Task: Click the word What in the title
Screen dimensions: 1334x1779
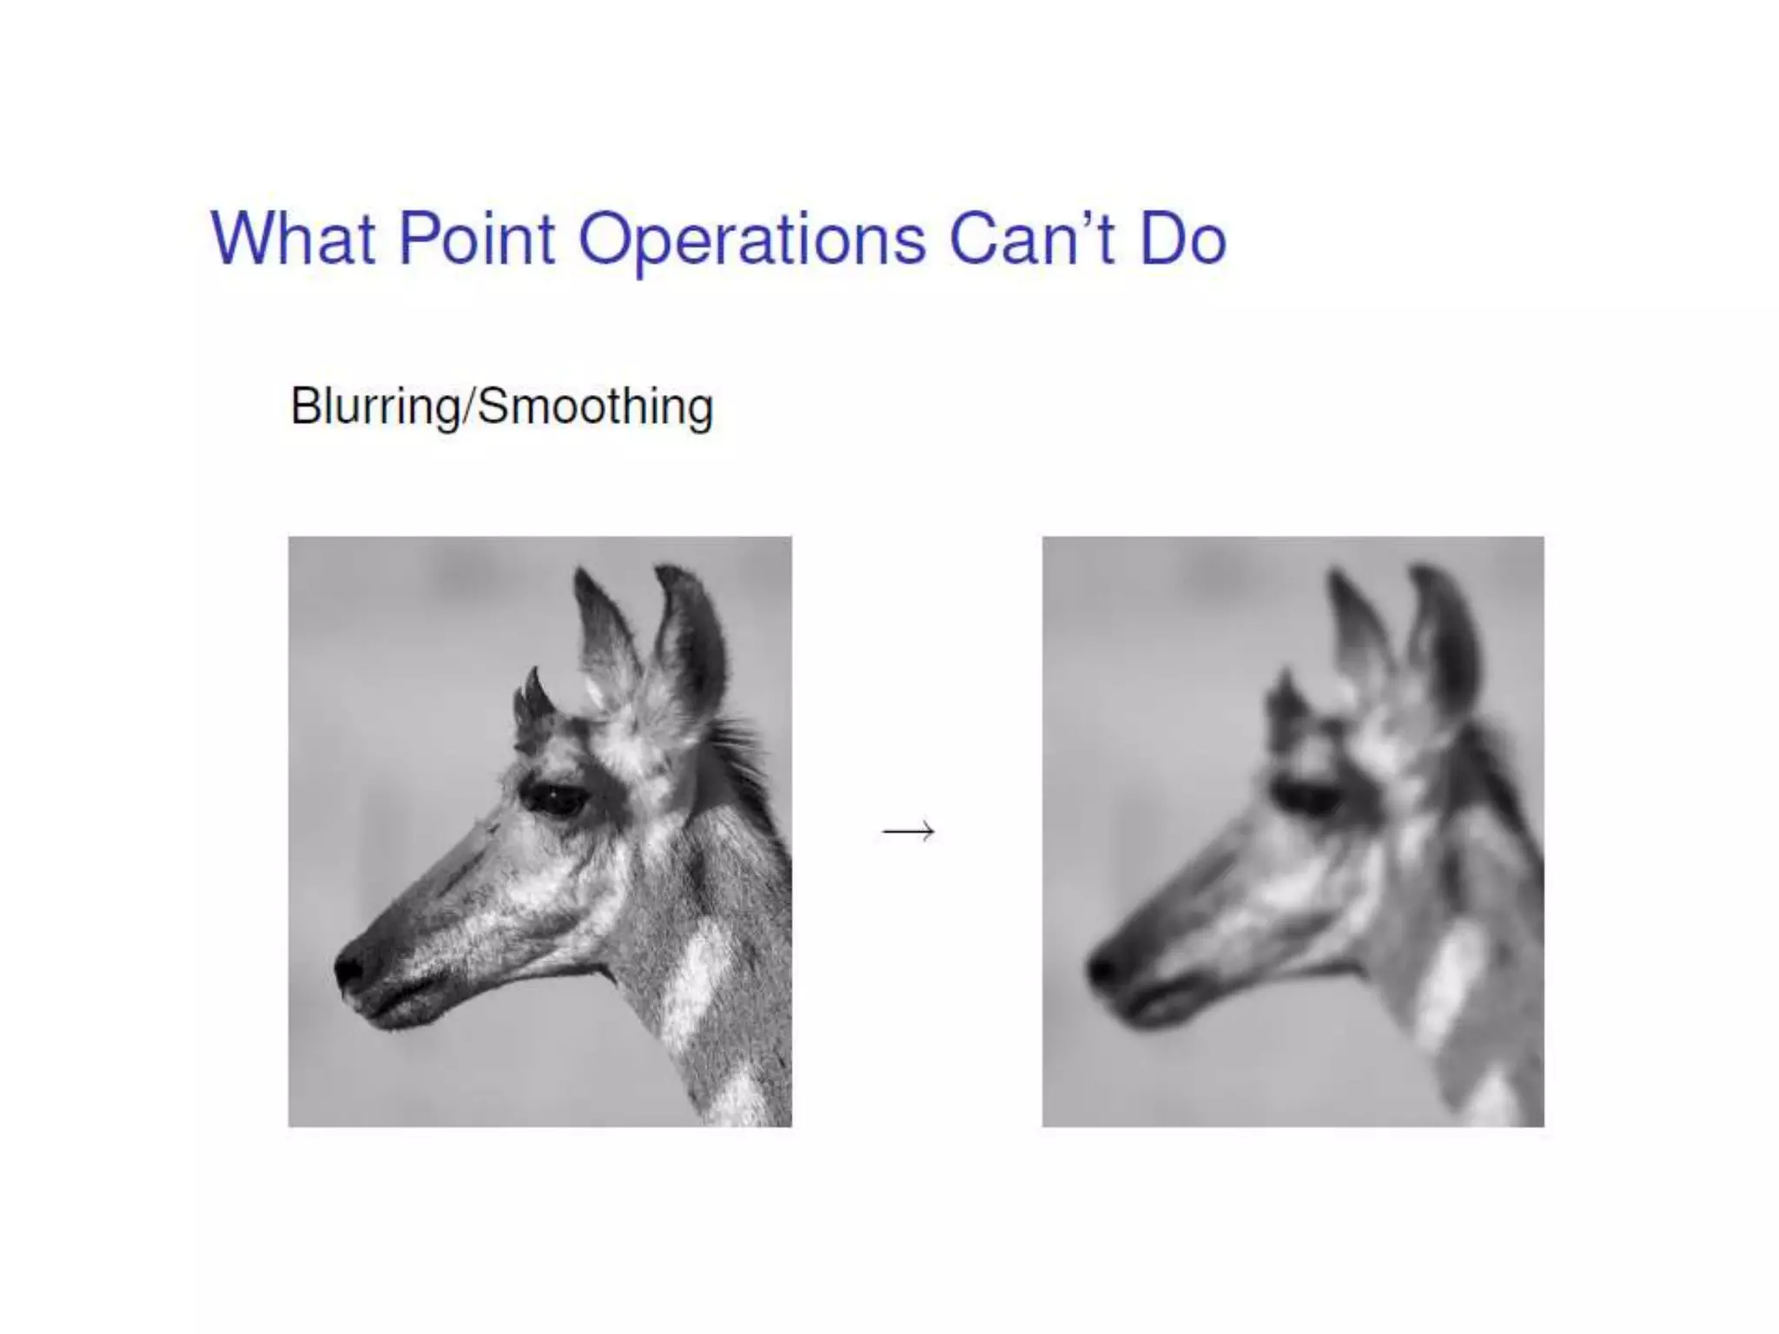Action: pyautogui.click(x=293, y=238)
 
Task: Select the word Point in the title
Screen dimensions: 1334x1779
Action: pyautogui.click(x=476, y=238)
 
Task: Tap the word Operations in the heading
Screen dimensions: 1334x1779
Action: pyautogui.click(x=751, y=240)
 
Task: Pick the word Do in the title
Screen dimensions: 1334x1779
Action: pyautogui.click(x=1182, y=238)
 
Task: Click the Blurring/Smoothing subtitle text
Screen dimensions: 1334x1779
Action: pyautogui.click(x=501, y=406)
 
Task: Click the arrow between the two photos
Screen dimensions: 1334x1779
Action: pyautogui.click(x=908, y=831)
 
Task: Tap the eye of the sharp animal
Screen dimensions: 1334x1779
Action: pyautogui.click(x=554, y=797)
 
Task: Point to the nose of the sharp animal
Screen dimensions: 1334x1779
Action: pyautogui.click(x=350, y=967)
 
